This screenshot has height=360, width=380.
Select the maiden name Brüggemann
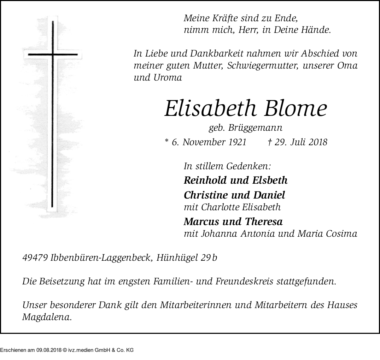coord(255,128)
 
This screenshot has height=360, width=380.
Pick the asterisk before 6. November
coord(167,141)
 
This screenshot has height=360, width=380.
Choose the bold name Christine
coord(206,195)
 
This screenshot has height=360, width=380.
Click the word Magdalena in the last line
coord(47,317)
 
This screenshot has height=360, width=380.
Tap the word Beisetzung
coord(58,282)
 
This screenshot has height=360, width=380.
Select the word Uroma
coord(168,77)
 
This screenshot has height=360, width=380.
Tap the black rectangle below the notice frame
coord(67,347)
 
